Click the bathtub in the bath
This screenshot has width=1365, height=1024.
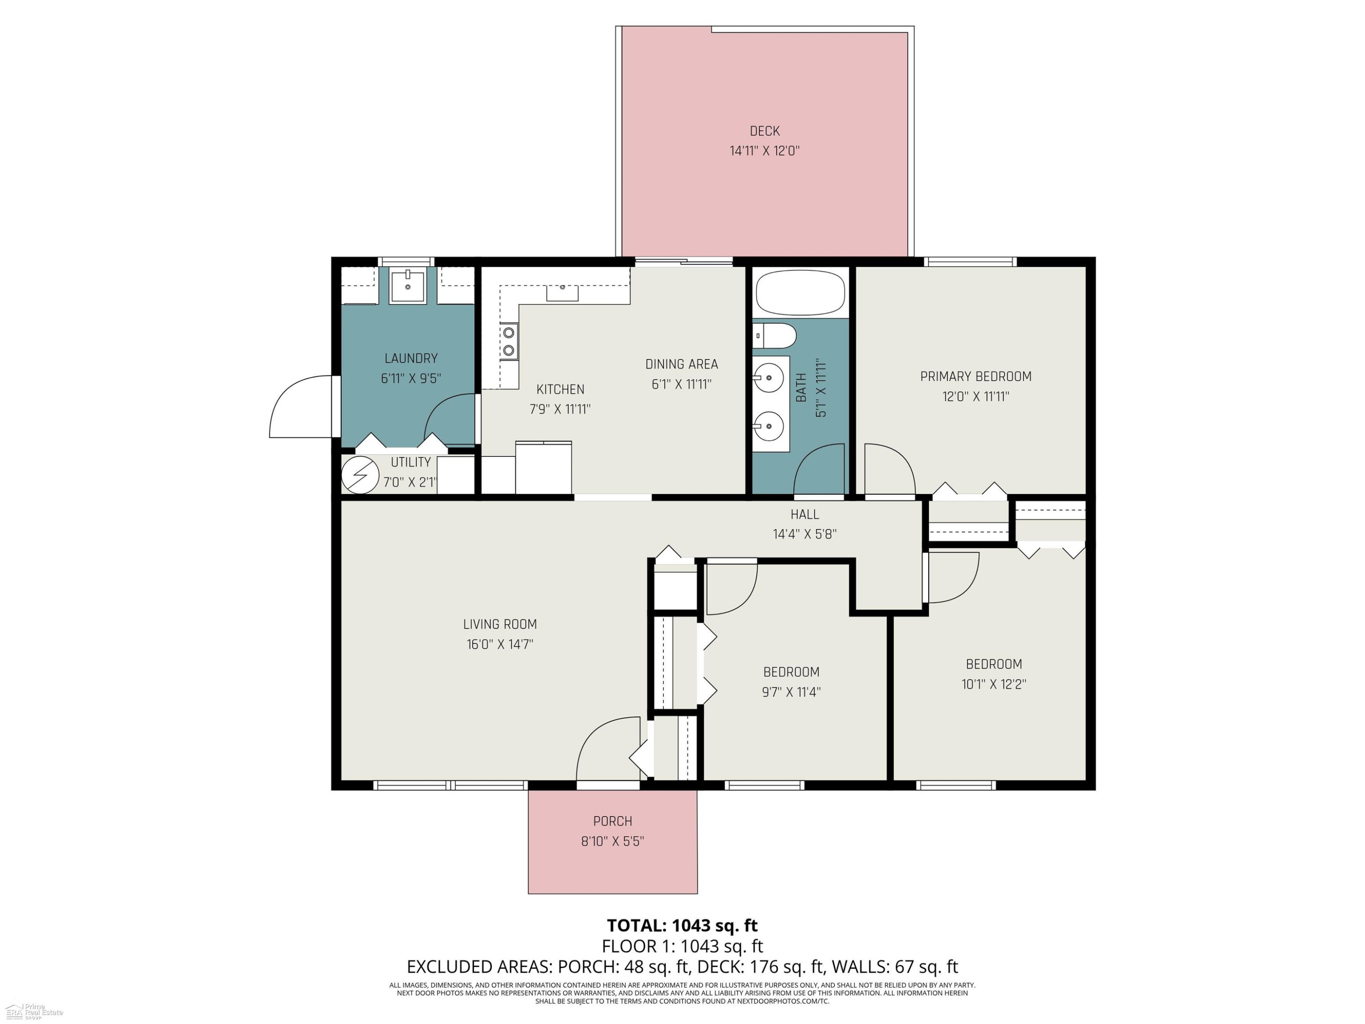800,293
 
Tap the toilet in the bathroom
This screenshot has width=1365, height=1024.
774,336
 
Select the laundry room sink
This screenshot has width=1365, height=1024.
407,286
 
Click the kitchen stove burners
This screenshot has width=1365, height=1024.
509,341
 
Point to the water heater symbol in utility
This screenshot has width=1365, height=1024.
360,475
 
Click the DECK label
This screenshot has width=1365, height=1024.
764,131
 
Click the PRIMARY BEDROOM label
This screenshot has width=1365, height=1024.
976,376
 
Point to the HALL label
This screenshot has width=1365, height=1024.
805,514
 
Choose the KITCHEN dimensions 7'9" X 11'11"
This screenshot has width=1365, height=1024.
560,409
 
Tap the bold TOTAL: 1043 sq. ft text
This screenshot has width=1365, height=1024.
682,925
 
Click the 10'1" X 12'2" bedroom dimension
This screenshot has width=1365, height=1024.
994,684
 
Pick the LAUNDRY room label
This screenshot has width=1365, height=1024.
411,358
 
